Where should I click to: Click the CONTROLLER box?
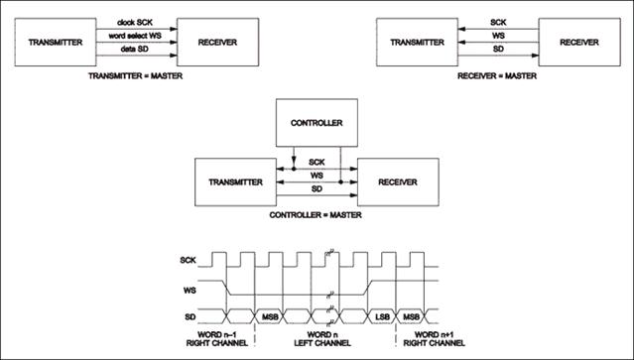(x=317, y=122)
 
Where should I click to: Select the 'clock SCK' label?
(x=135, y=22)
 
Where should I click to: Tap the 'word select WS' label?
(x=135, y=36)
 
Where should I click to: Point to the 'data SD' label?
(x=135, y=49)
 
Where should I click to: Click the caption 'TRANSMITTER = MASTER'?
(x=136, y=76)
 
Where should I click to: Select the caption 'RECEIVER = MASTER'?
(x=497, y=76)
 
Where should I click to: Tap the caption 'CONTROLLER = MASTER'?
(x=316, y=215)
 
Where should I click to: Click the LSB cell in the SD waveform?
(x=382, y=316)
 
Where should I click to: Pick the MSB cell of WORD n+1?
(x=411, y=316)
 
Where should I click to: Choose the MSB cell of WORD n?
(x=270, y=316)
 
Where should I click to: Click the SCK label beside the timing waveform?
(x=188, y=260)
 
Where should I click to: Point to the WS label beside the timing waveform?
(x=190, y=291)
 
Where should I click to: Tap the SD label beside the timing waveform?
(x=190, y=316)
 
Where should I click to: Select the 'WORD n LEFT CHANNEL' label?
(x=322, y=339)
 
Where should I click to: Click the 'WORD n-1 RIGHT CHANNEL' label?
(x=216, y=339)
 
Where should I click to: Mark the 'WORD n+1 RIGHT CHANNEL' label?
(x=434, y=339)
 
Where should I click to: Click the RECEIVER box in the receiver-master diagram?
(x=579, y=42)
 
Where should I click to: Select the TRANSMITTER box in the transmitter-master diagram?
(x=56, y=42)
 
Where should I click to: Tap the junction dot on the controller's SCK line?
(x=294, y=169)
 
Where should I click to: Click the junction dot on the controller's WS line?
(x=341, y=182)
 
